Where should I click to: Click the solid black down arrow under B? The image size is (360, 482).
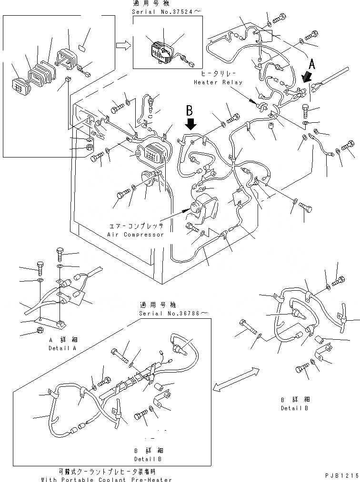tap(191, 124)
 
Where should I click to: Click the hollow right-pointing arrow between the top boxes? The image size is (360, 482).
tap(123, 45)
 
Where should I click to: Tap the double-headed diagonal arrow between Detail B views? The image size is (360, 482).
tap(237, 379)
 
